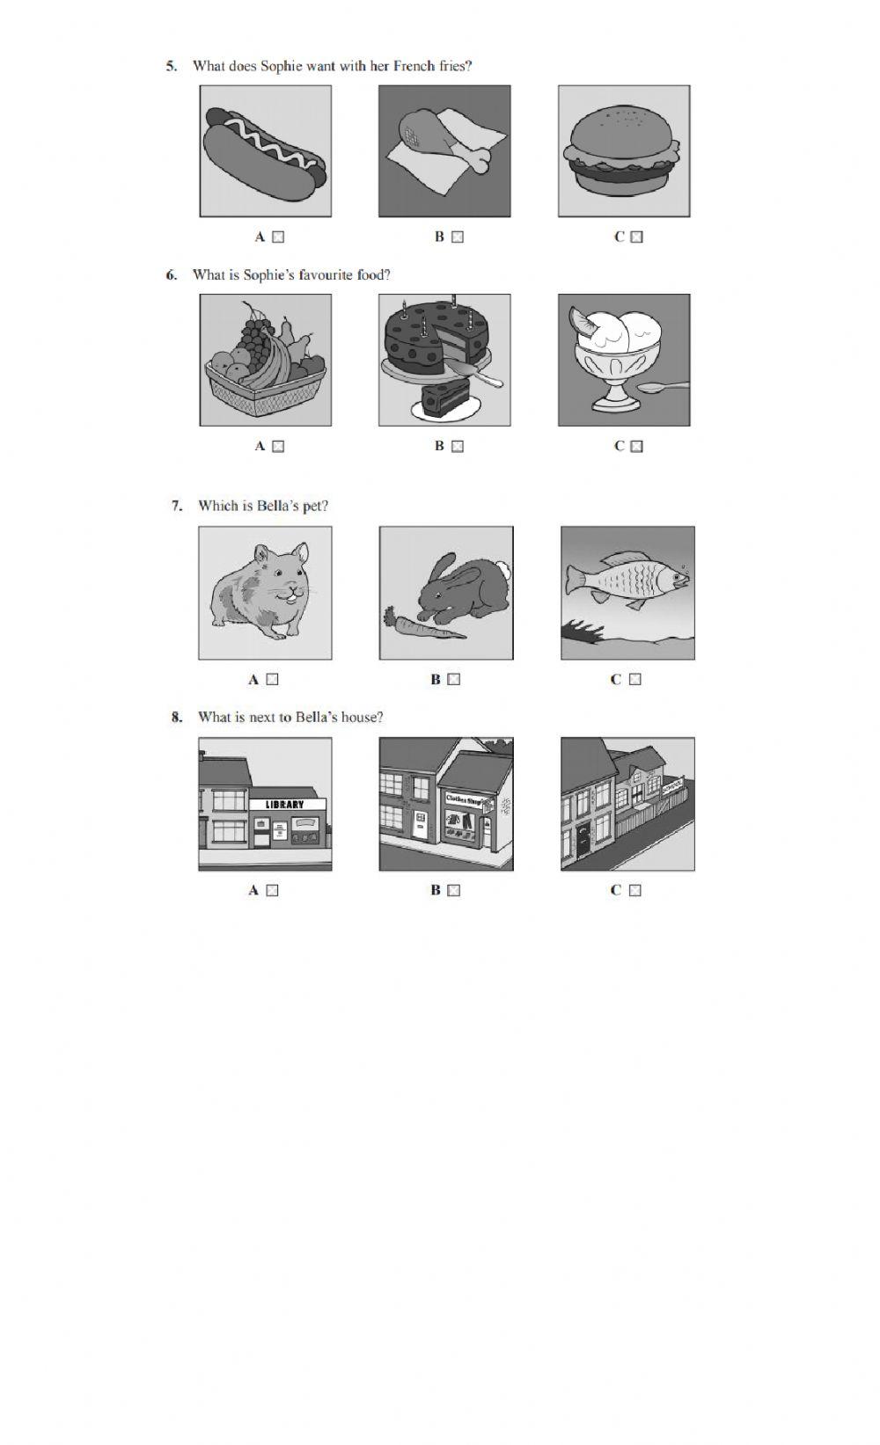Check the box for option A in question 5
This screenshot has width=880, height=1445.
278,237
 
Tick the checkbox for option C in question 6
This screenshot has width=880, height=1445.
637,446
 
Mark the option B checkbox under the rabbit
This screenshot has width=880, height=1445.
453,679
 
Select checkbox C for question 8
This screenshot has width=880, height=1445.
635,890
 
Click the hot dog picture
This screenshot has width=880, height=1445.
266,151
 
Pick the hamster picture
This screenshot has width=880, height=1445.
262,589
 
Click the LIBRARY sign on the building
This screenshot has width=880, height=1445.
284,804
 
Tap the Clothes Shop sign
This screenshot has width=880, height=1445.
466,799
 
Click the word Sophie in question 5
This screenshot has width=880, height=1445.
281,66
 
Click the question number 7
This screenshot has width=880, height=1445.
177,506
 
